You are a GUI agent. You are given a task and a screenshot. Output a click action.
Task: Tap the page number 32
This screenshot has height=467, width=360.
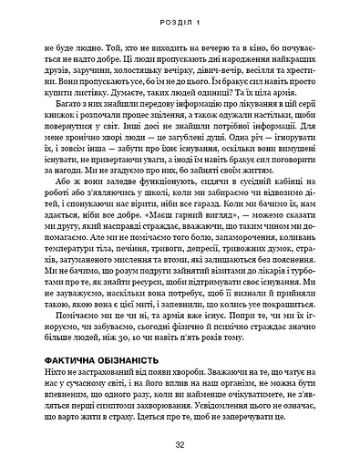tap(180, 444)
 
